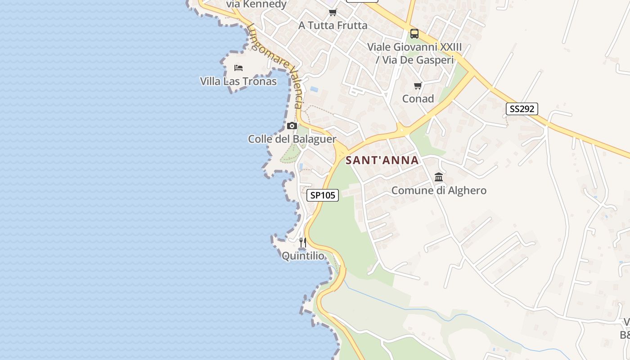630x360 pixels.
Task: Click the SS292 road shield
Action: click(522, 109)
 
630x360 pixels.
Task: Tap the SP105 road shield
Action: click(323, 195)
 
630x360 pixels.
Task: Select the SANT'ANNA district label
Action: click(382, 160)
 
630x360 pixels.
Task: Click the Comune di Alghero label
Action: click(439, 190)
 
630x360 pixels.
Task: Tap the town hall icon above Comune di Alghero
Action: click(439, 177)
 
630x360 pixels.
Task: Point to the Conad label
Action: click(418, 99)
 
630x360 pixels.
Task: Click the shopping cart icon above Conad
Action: click(418, 85)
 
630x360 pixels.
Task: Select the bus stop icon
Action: click(414, 33)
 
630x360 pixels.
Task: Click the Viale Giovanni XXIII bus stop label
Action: click(414, 53)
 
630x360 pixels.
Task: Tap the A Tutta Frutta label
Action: click(333, 25)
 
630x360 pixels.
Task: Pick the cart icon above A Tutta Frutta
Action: click(333, 12)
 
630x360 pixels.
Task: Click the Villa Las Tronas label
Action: click(238, 81)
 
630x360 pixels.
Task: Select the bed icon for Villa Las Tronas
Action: click(238, 68)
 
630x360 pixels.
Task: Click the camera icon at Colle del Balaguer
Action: click(292, 126)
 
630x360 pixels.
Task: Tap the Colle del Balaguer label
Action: click(292, 139)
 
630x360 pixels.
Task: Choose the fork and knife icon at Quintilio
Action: click(303, 243)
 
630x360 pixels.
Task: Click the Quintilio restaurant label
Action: click(303, 256)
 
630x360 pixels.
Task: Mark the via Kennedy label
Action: click(256, 4)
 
